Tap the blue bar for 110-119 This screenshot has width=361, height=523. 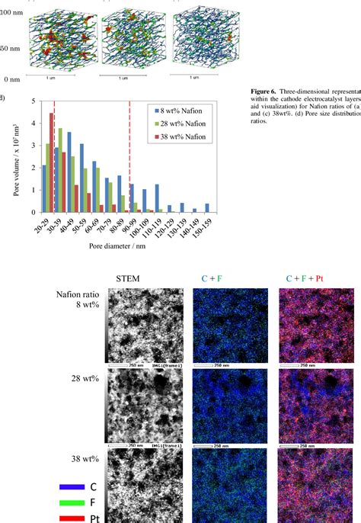click(157, 198)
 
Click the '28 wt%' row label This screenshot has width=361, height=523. click(75, 377)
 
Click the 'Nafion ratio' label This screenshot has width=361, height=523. click(76, 294)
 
